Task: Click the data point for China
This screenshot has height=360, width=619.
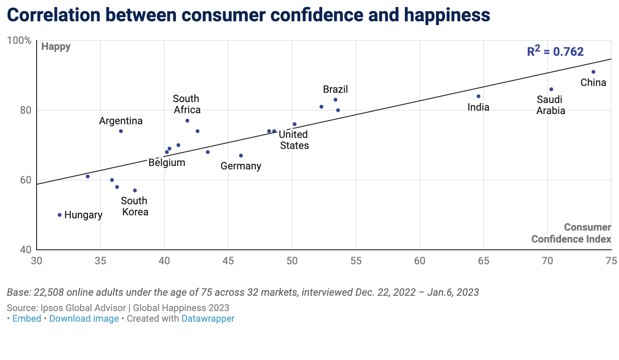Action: pyautogui.click(x=593, y=72)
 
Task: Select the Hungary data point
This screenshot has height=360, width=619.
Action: pyautogui.click(x=60, y=215)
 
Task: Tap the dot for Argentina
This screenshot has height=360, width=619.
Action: pyautogui.click(x=121, y=131)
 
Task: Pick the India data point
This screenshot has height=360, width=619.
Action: pyautogui.click(x=479, y=96)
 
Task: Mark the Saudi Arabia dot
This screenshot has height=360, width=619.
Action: pyautogui.click(x=551, y=89)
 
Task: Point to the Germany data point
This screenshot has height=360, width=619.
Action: pyautogui.click(x=241, y=156)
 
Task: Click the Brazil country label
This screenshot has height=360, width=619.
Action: pyautogui.click(x=335, y=89)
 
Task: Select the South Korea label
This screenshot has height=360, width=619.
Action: pyautogui.click(x=135, y=206)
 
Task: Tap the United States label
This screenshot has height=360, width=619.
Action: pyautogui.click(x=294, y=140)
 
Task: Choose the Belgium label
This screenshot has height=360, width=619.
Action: pyautogui.click(x=167, y=163)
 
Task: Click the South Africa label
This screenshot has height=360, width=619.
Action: pyautogui.click(x=186, y=104)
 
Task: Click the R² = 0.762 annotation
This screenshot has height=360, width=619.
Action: pyautogui.click(x=555, y=51)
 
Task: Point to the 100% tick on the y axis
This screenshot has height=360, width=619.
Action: pyautogui.click(x=20, y=40)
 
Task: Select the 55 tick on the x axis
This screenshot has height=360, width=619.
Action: pyautogui.click(x=356, y=260)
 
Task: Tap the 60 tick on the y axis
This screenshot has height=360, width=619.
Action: pyautogui.click(x=26, y=180)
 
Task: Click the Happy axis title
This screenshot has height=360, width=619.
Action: pyautogui.click(x=56, y=46)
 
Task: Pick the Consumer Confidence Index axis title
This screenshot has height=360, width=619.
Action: pyautogui.click(x=571, y=233)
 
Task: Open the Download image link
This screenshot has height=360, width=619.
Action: pyautogui.click(x=84, y=319)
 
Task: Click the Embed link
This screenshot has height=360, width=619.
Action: pyautogui.click(x=27, y=319)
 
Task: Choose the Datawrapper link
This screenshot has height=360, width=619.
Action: pyautogui.click(x=208, y=319)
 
